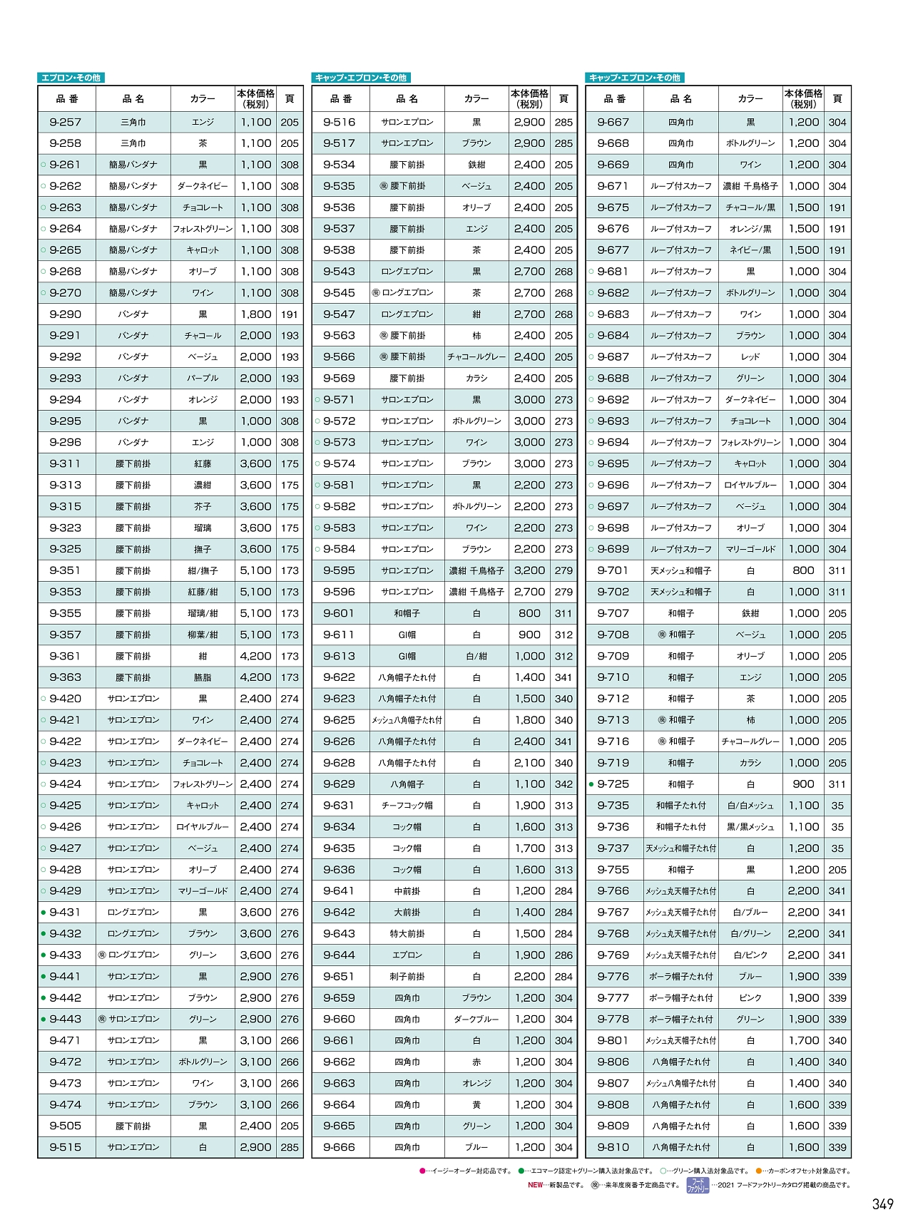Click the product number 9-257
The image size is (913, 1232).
coord(66,122)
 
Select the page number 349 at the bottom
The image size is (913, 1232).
coord(882,1204)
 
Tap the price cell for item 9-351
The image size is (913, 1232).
coord(255,570)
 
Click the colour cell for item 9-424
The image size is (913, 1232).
coord(203,784)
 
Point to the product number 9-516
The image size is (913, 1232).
coord(339,122)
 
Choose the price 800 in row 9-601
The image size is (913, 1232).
coord(529,613)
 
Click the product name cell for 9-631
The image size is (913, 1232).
coord(407,806)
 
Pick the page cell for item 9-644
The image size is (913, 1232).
coord(563,955)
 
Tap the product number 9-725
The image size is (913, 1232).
coord(613,784)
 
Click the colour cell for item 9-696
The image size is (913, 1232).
coord(750,485)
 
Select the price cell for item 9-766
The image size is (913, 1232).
coord(803,891)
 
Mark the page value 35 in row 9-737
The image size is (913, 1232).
coord(837,848)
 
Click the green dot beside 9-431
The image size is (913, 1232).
coord(44,913)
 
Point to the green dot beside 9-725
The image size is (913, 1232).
coord(591,784)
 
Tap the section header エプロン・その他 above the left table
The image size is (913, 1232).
coord(71,78)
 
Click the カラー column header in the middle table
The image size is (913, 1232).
coord(476,99)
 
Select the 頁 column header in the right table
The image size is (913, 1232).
coord(837,99)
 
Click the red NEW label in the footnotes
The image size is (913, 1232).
coord(535,1185)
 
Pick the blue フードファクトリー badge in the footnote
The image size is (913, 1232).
coord(697,1185)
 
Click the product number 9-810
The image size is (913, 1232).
coord(613,1147)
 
